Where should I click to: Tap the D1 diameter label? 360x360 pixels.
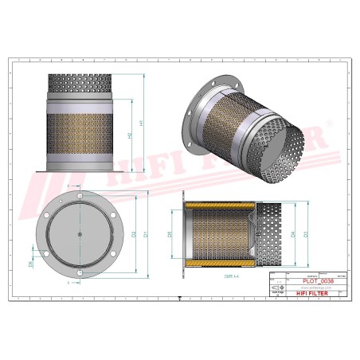point(144,234)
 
